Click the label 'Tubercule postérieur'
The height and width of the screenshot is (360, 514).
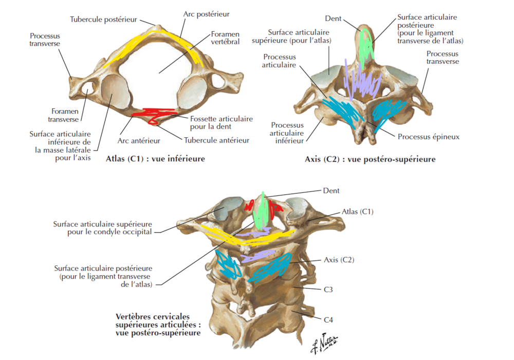click(x=103, y=20)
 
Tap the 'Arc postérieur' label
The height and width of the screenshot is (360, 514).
click(x=206, y=14)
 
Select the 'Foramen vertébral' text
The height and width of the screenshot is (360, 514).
click(x=225, y=38)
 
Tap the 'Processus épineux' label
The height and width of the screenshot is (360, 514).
click(x=428, y=137)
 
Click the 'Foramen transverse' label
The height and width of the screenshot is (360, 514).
click(x=65, y=115)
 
